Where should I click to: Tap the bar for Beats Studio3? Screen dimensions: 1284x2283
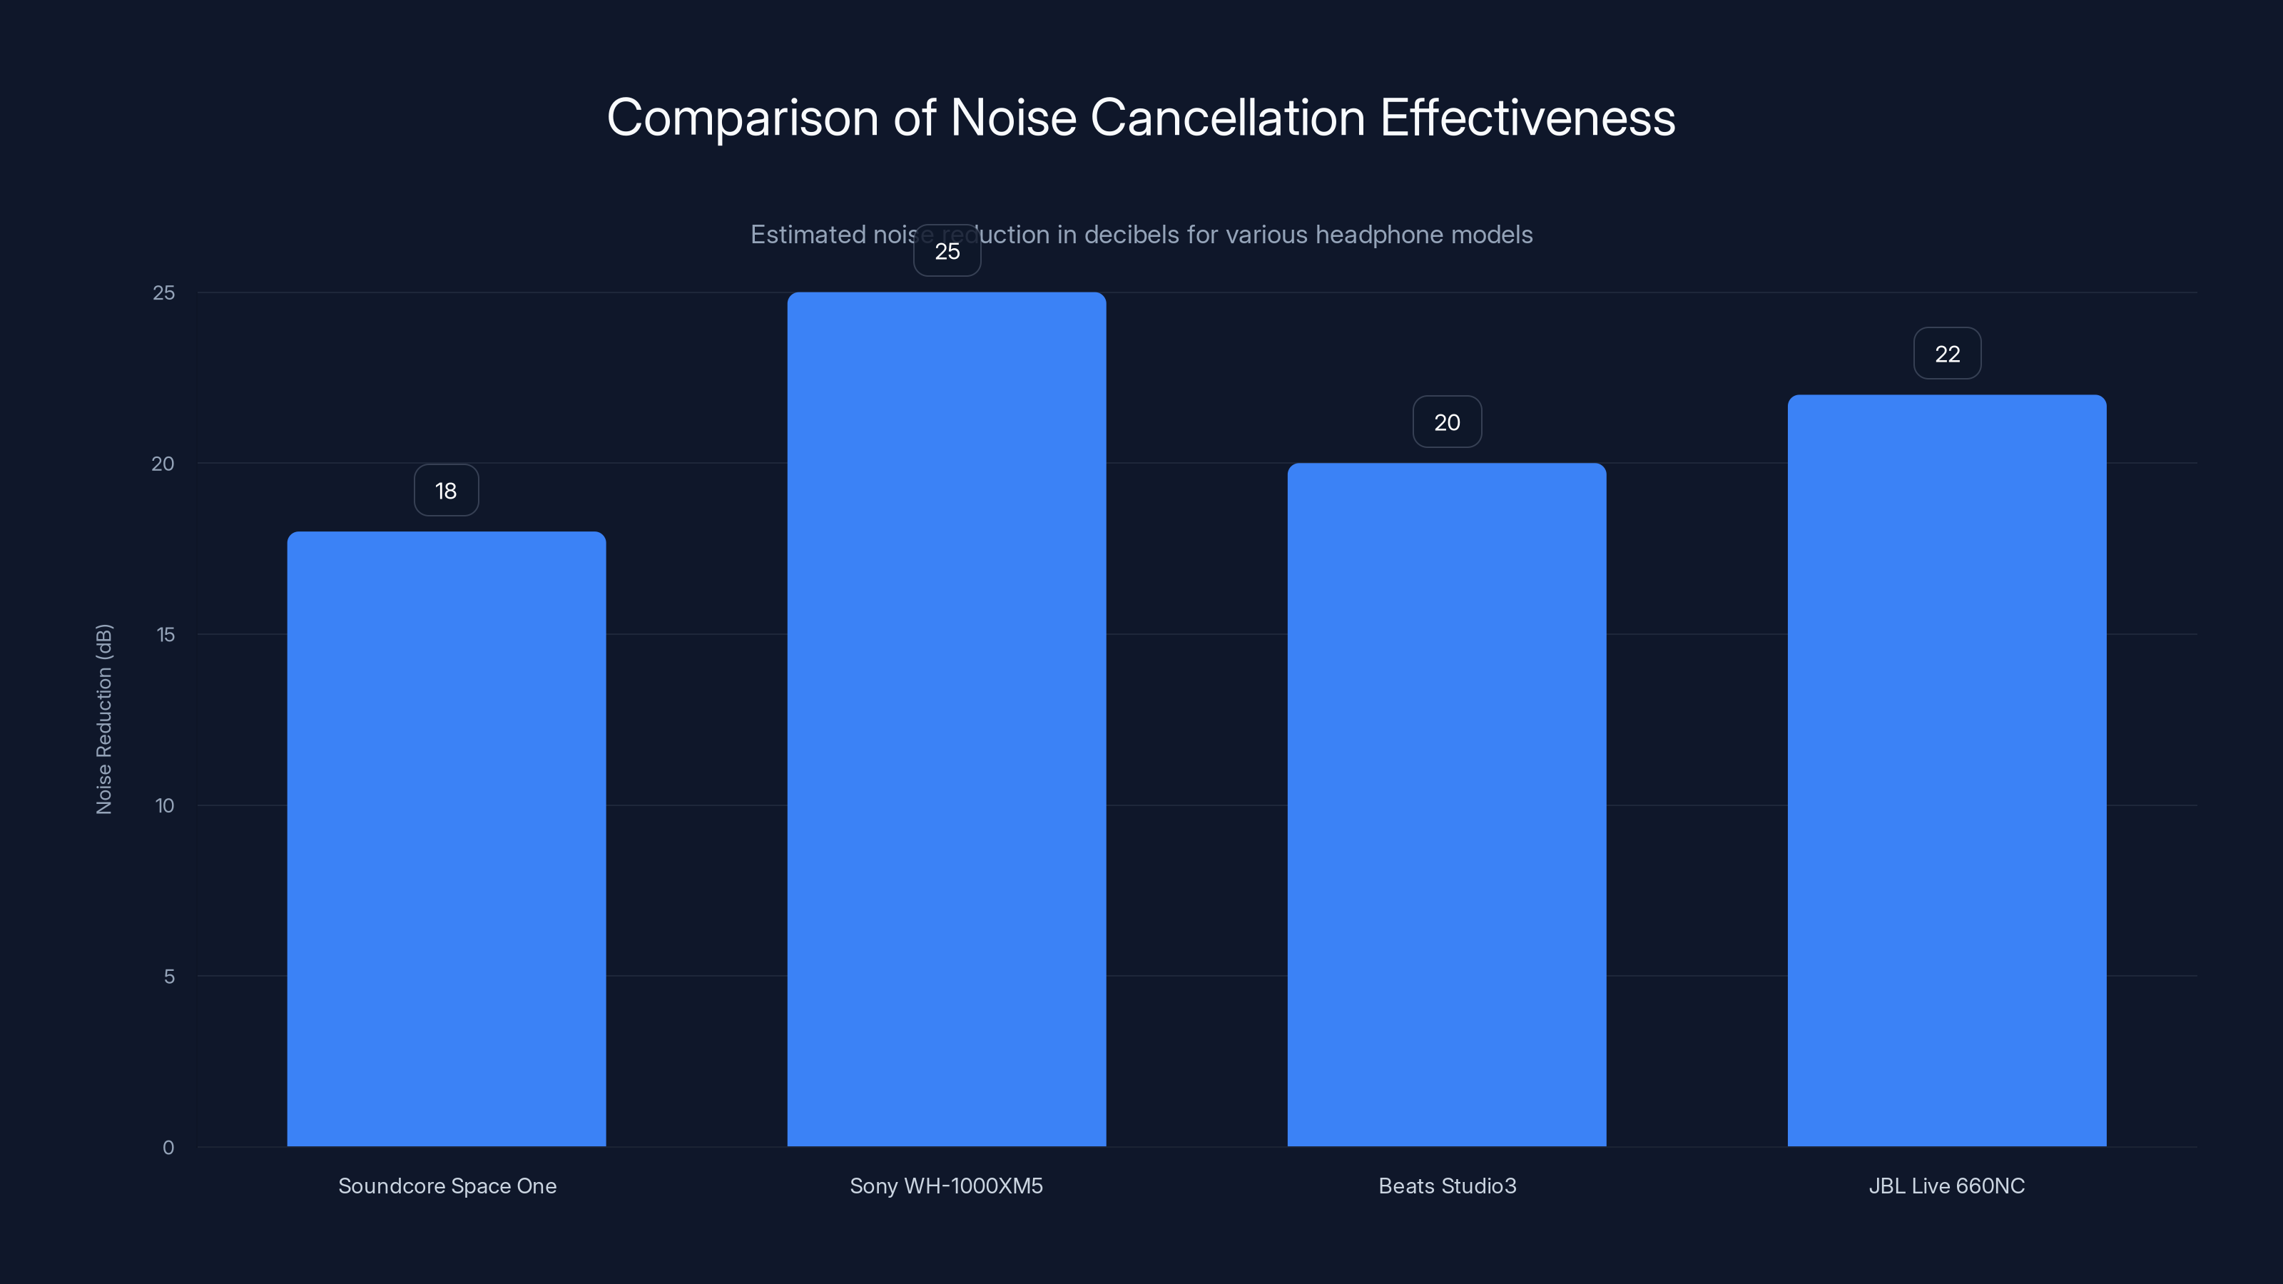[x=1446, y=805]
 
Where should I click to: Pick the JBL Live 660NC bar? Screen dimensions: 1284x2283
[x=1946, y=770]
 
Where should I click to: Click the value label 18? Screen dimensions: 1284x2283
[x=446, y=490]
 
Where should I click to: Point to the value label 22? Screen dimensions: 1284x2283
[x=1946, y=354]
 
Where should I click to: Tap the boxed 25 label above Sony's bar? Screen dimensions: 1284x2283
[x=947, y=251]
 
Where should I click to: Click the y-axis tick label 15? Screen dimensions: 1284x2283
[x=165, y=634]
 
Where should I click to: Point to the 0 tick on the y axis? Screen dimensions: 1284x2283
[x=168, y=1148]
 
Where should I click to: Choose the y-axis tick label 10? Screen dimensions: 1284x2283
[x=165, y=805]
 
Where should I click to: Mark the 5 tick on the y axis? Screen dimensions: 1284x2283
[x=168, y=977]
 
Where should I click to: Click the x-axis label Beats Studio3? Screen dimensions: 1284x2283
[x=1446, y=1186]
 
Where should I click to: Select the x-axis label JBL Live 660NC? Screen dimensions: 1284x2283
[x=1946, y=1186]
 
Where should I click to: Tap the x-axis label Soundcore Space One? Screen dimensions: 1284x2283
[x=447, y=1186]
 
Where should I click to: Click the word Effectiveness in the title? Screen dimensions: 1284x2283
[x=1527, y=118]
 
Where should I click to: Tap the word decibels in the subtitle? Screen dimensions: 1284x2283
[x=1132, y=235]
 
